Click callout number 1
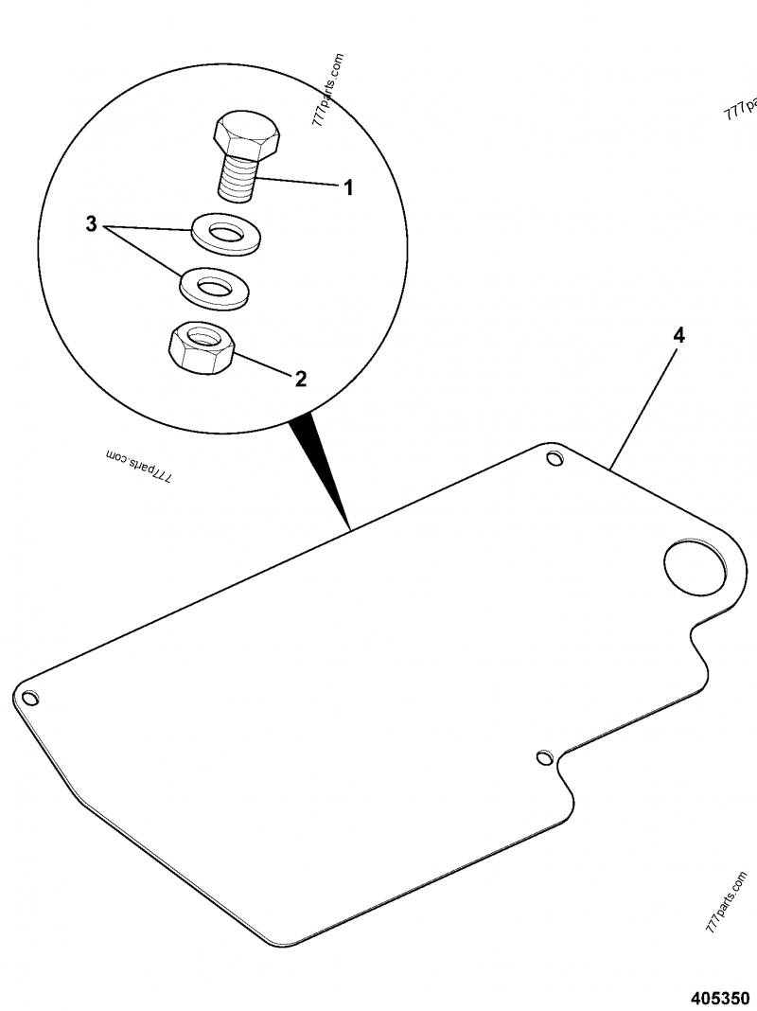coord(348,188)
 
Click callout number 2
coord(300,379)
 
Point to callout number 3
coord(92,224)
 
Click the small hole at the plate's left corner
coord(29,697)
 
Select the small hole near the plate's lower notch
coord(544,756)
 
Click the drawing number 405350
coord(720,997)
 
